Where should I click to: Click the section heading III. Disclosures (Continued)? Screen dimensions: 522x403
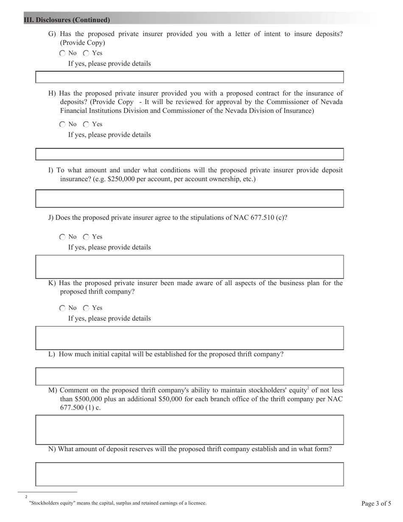click(67, 20)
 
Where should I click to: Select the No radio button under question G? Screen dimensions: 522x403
click(63, 53)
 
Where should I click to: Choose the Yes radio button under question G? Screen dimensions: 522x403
click(87, 53)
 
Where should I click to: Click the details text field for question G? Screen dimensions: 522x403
click(189, 77)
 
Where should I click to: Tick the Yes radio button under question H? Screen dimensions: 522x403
click(87, 124)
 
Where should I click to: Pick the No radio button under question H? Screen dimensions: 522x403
click(63, 124)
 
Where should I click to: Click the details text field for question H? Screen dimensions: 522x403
click(189, 154)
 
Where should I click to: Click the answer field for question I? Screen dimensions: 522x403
click(189, 199)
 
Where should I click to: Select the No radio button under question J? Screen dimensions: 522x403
click(63, 237)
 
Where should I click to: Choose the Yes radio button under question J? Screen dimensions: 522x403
click(87, 237)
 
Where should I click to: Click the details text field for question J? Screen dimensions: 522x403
click(189, 267)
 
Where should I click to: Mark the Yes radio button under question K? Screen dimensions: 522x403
click(87, 308)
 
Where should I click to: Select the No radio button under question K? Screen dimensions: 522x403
click(63, 308)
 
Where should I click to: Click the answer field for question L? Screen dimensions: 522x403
click(189, 376)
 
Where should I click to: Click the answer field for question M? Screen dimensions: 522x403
click(189, 430)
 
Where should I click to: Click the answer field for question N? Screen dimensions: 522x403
click(189, 474)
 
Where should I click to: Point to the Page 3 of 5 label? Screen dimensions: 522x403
click(376, 504)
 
